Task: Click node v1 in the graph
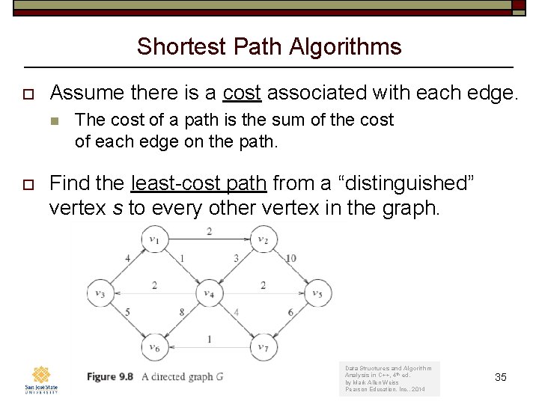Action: point(154,240)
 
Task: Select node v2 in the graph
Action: point(262,240)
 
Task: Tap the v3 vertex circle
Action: point(100,294)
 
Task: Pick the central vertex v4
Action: point(208,294)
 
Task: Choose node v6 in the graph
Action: point(154,347)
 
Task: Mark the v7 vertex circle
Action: point(262,347)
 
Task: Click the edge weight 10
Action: point(290,259)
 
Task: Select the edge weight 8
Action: point(182,313)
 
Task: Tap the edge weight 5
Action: point(128,313)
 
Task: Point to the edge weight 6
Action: point(290,313)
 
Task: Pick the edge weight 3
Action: point(236,259)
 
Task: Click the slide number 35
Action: point(501,377)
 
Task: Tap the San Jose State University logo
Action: point(41,379)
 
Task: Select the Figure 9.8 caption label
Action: point(110,376)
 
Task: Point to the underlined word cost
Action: point(242,93)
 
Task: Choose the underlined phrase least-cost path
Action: point(198,183)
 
